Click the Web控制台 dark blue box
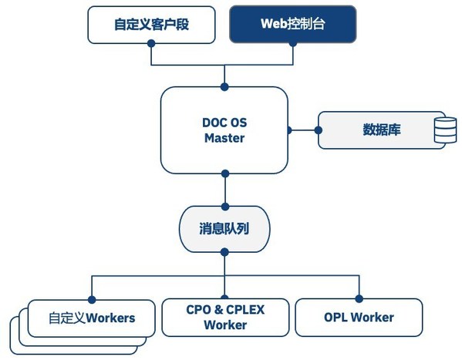[x=292, y=24]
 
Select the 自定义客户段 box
[x=151, y=24]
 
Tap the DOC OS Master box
[x=224, y=130]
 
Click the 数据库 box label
[x=381, y=129]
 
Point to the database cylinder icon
[x=444, y=130]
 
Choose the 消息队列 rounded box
[x=224, y=229]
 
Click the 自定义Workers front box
[x=91, y=318]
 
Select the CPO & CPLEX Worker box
[x=224, y=317]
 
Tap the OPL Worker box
[x=359, y=317]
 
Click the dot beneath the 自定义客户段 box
[x=152, y=44]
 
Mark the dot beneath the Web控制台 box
[x=292, y=44]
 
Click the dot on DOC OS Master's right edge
[x=290, y=130]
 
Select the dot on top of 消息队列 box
[x=224, y=207]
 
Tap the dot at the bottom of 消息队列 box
[x=224, y=251]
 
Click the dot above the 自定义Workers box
[x=92, y=298]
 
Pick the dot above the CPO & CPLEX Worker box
[x=224, y=298]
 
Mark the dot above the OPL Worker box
[x=359, y=298]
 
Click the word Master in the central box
[x=224, y=139]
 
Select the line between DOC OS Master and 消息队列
[x=224, y=189]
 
